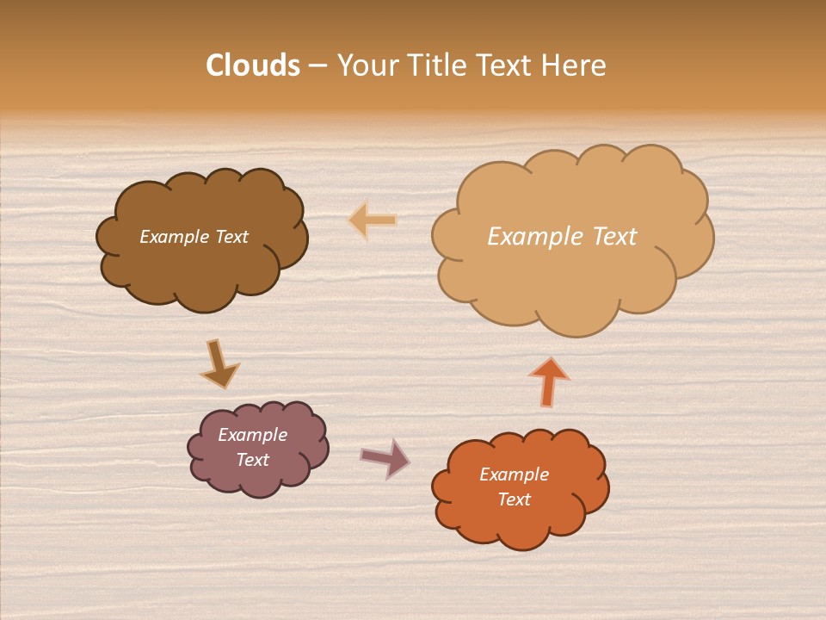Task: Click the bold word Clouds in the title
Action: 253,65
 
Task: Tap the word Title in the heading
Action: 440,65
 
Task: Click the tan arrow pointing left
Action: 373,220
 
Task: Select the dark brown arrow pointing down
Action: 219,363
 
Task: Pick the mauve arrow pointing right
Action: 385,458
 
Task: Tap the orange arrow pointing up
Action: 549,381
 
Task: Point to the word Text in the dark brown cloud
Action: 231,237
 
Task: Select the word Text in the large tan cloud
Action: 613,237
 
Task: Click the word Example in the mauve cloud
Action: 252,435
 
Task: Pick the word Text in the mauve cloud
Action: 252,460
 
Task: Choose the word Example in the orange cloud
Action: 514,474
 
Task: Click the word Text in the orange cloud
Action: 514,499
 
